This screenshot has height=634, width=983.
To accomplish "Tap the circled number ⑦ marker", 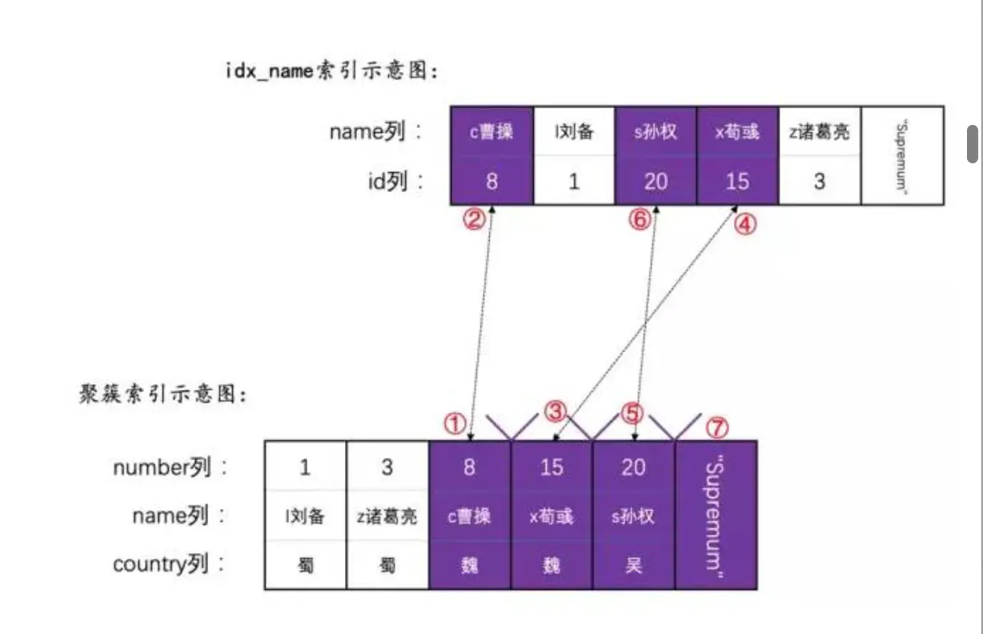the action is point(717,427).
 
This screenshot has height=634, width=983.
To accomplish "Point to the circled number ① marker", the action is point(454,423).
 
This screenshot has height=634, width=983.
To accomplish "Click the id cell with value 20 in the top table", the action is point(656,181).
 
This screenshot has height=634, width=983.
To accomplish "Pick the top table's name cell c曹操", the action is point(491,131).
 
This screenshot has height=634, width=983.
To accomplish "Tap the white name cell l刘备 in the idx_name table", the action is point(573,131).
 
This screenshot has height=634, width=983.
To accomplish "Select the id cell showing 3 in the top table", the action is point(819,181).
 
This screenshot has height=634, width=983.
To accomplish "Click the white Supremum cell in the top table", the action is point(902,155).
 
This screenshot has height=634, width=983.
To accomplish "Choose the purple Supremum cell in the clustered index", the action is point(716,515).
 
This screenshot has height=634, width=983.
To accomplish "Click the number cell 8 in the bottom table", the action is point(469,466).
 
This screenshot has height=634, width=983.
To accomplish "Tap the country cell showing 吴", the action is point(633,565).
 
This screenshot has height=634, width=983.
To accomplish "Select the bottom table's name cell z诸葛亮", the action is point(387,516).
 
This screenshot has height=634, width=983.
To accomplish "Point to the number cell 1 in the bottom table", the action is point(305,466).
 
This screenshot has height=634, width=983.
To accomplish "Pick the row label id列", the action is point(396,182).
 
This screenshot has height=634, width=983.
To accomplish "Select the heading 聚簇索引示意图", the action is point(163,395).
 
